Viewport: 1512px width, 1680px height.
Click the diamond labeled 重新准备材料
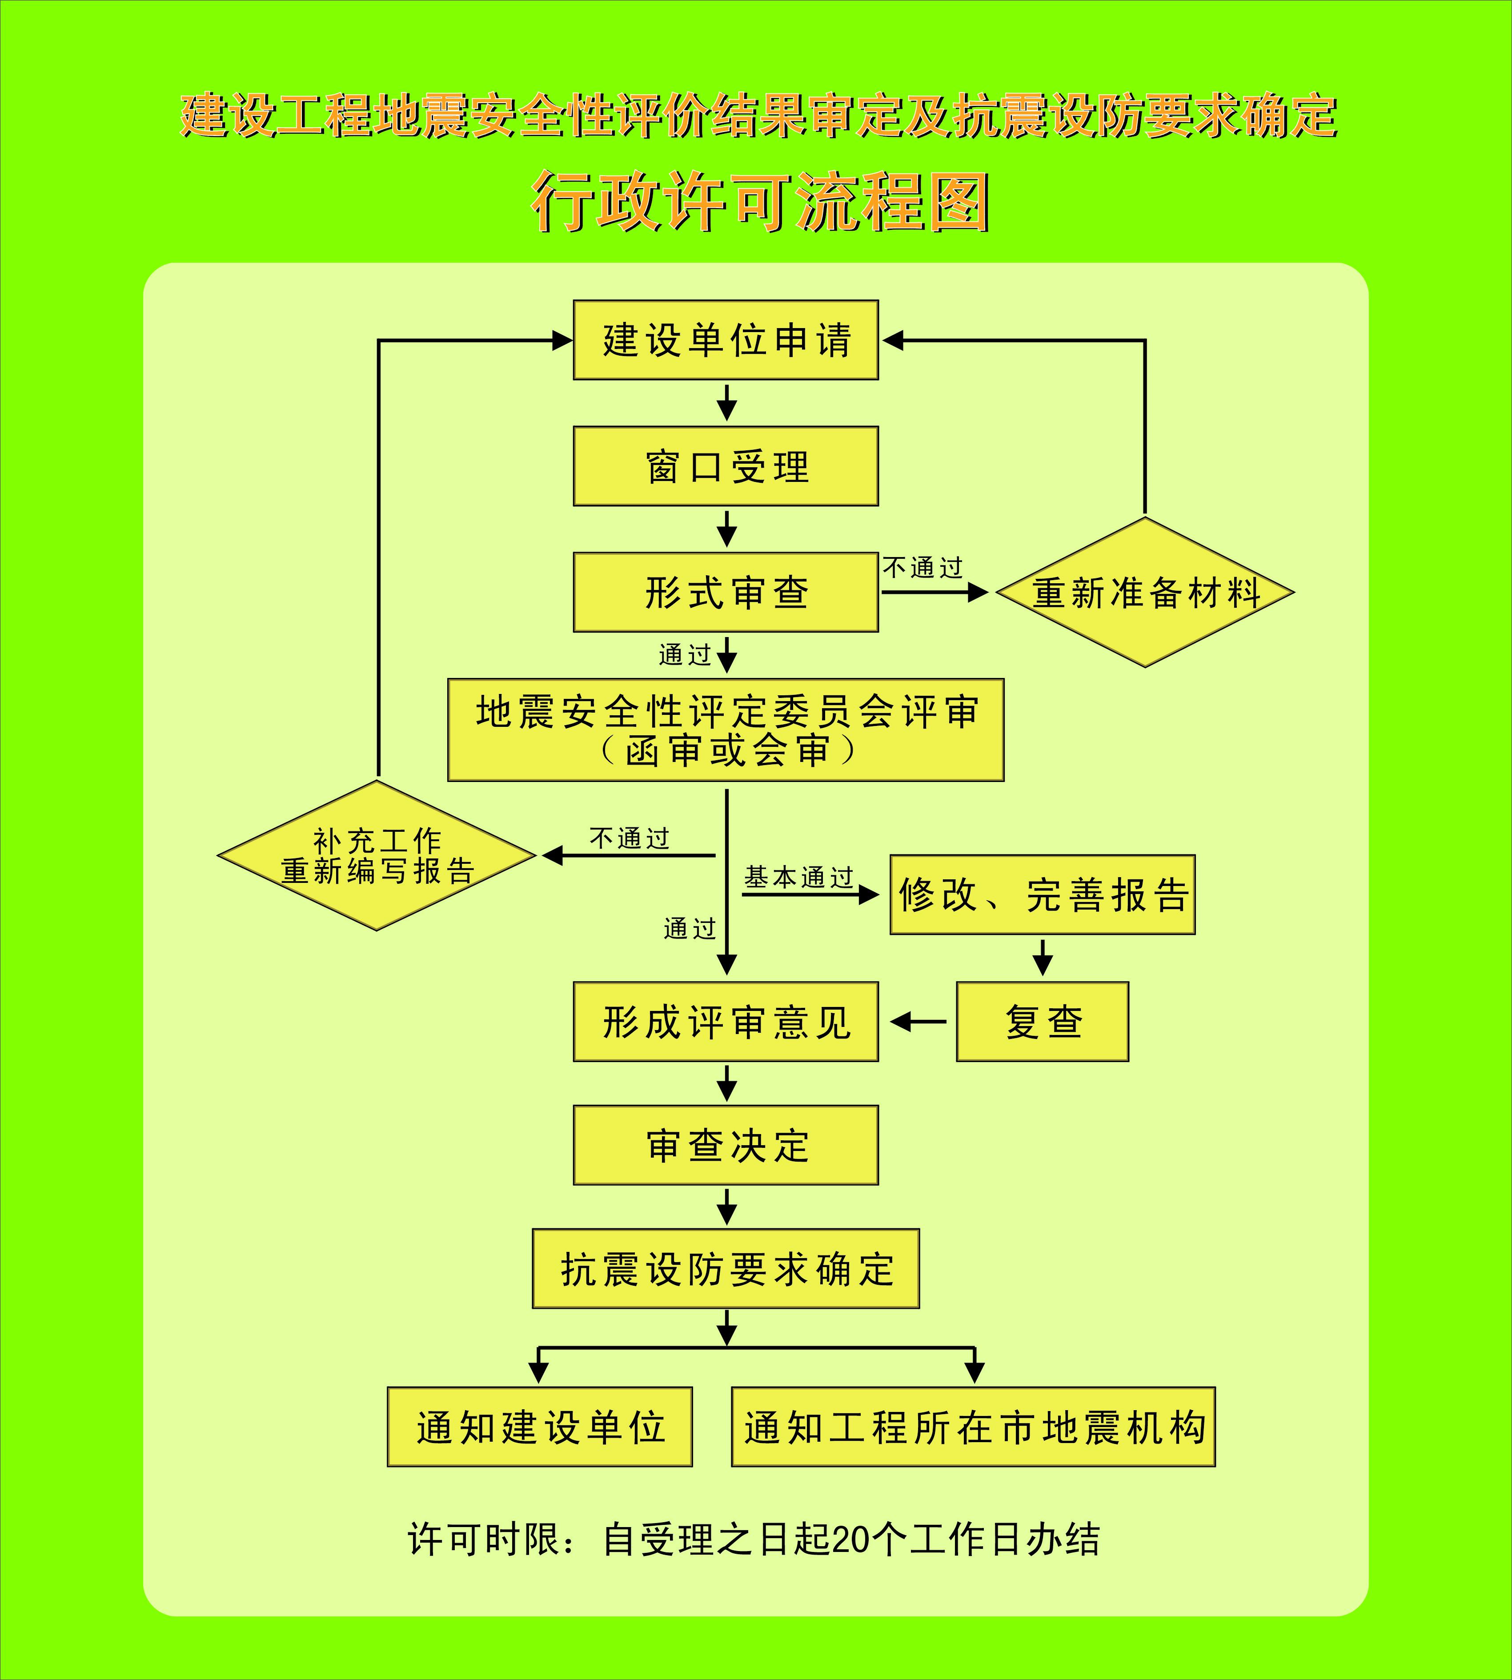(1145, 593)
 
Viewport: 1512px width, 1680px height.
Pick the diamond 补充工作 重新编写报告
(377, 855)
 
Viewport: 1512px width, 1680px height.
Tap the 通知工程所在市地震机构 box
(973, 1427)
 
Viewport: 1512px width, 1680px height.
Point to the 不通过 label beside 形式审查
(922, 568)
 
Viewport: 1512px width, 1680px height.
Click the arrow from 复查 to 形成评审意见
(918, 1021)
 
